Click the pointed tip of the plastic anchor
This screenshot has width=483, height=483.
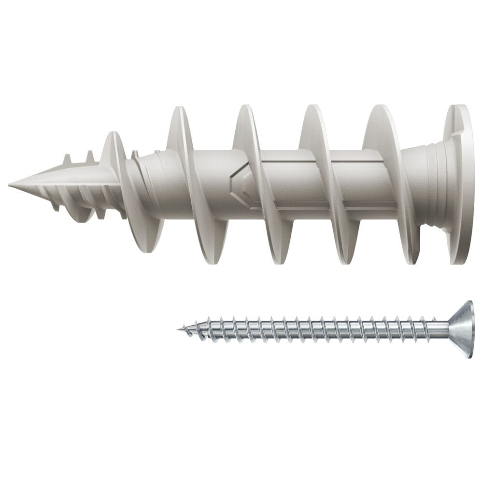(x=11, y=185)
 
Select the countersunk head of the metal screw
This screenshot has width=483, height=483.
(x=461, y=329)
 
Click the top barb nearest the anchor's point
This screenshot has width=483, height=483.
(x=67, y=159)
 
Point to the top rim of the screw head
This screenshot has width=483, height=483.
(x=468, y=303)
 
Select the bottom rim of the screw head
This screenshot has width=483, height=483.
(x=468, y=355)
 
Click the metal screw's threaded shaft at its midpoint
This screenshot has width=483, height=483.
(x=309, y=329)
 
